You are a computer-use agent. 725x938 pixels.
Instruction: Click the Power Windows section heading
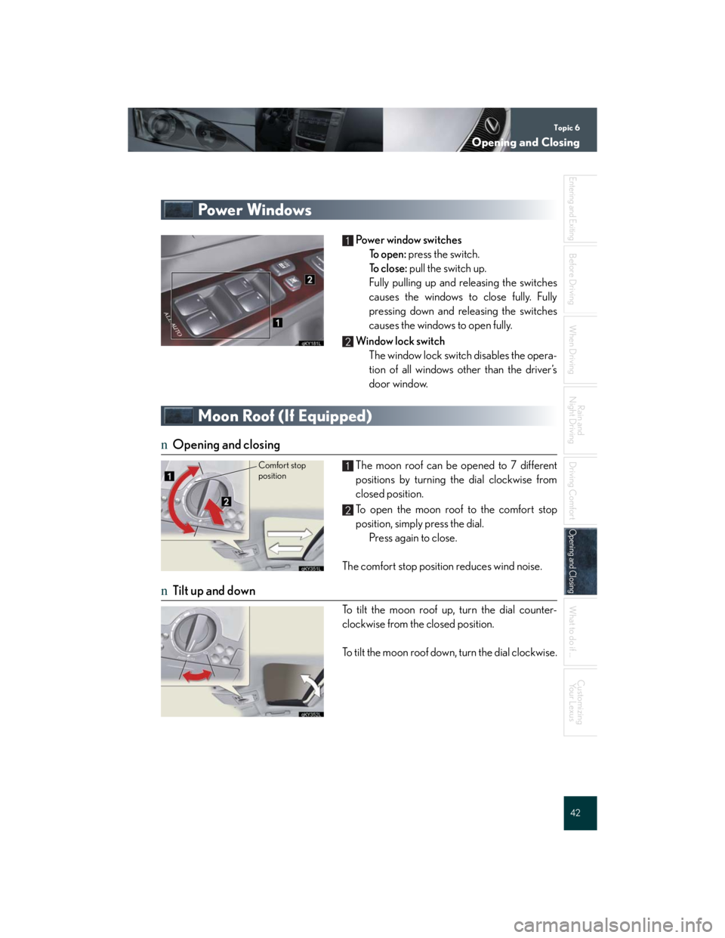click(255, 210)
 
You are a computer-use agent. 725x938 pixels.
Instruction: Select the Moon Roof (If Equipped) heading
click(285, 416)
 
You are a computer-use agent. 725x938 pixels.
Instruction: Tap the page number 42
click(575, 813)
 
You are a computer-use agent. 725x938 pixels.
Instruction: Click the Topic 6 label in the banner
click(566, 128)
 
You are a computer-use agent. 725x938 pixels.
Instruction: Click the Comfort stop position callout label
click(282, 471)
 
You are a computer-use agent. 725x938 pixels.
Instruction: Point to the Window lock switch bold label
click(400, 341)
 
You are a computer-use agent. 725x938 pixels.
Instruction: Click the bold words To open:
click(387, 255)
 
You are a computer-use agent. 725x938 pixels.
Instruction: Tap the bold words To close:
click(388, 269)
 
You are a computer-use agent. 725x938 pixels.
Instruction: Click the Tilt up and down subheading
click(214, 591)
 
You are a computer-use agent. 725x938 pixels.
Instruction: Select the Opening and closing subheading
click(226, 445)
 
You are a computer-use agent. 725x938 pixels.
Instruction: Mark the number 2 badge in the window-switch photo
click(310, 279)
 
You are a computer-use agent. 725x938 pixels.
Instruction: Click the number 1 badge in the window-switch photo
click(277, 322)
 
